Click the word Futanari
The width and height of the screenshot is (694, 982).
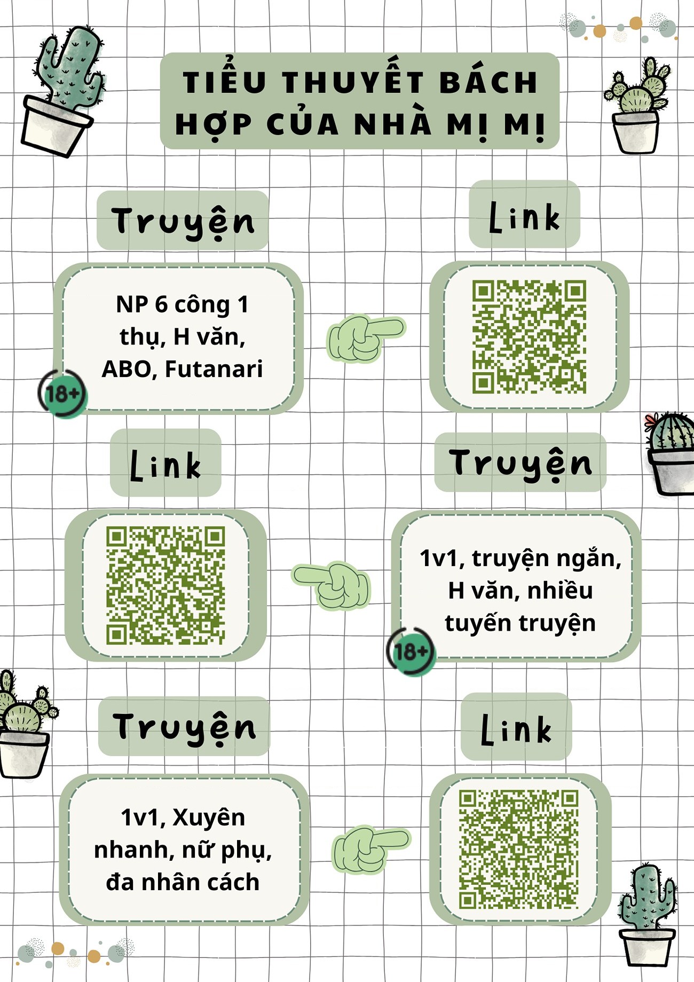[x=214, y=369]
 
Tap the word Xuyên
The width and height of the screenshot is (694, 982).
[x=209, y=818]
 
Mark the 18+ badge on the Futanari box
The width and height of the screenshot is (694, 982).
[x=63, y=394]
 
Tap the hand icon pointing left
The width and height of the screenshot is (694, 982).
[x=331, y=585]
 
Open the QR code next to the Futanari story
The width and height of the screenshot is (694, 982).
[x=529, y=337]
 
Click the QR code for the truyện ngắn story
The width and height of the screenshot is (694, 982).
[x=165, y=586]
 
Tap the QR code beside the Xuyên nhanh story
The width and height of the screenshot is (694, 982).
[x=519, y=850]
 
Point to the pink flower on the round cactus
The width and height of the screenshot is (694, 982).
[x=650, y=422]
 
